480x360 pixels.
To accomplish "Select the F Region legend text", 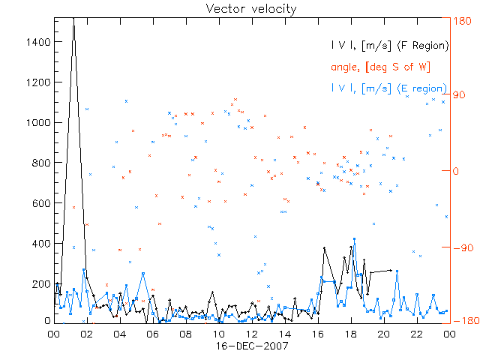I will tap(389, 45).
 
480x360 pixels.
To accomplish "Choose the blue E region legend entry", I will tap(389, 88).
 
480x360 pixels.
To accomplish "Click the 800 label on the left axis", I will tap(41, 163).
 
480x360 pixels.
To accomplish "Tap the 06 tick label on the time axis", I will tap(152, 334).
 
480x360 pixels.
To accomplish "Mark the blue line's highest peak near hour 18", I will tap(354, 239).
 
